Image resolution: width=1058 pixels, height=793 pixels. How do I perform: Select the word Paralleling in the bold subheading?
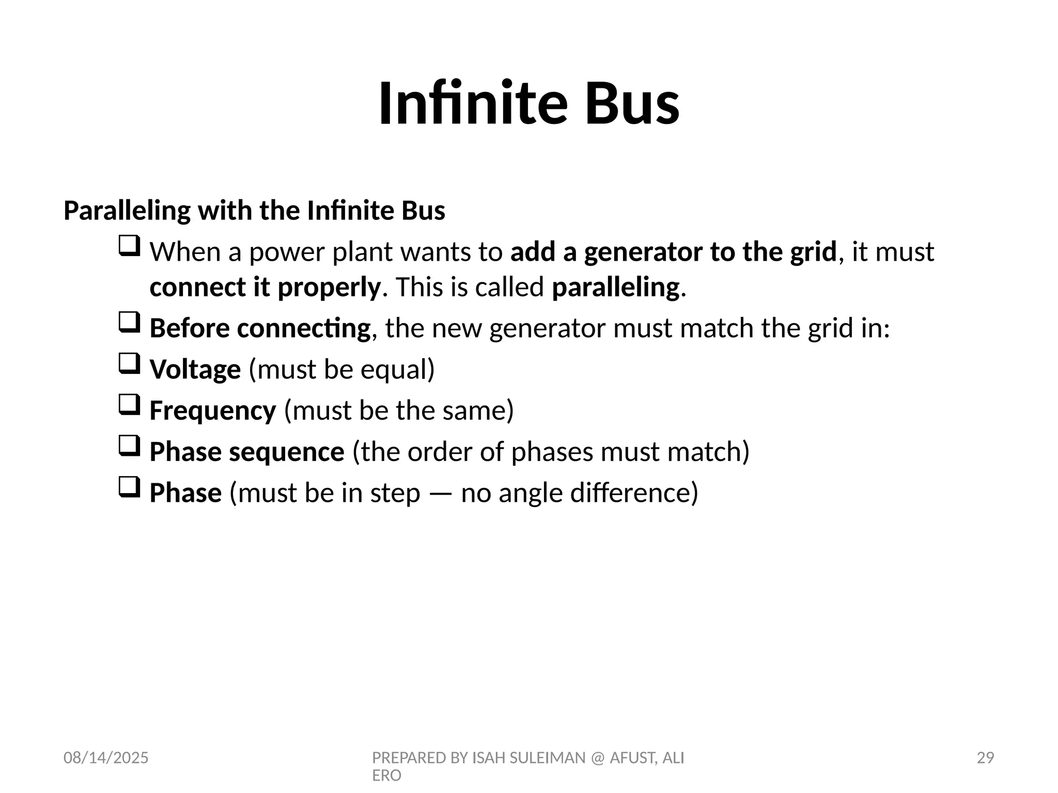pos(127,211)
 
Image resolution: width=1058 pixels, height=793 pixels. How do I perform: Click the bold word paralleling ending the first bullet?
pos(615,288)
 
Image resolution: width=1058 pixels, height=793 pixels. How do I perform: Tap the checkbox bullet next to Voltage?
pos(129,363)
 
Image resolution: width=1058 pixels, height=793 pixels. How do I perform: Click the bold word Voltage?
pos(195,370)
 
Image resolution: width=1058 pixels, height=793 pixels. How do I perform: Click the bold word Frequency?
pos(212,411)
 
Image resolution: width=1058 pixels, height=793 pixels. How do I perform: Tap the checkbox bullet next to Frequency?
pos(129,405)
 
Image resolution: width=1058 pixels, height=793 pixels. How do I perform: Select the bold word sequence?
pos(286,452)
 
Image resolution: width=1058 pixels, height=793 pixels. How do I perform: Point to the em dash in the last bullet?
pos(440,493)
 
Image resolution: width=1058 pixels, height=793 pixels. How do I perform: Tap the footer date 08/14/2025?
pos(106,758)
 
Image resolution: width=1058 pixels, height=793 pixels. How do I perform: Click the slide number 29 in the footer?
pos(985,758)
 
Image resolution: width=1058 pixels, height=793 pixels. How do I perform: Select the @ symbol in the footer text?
pos(597,758)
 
